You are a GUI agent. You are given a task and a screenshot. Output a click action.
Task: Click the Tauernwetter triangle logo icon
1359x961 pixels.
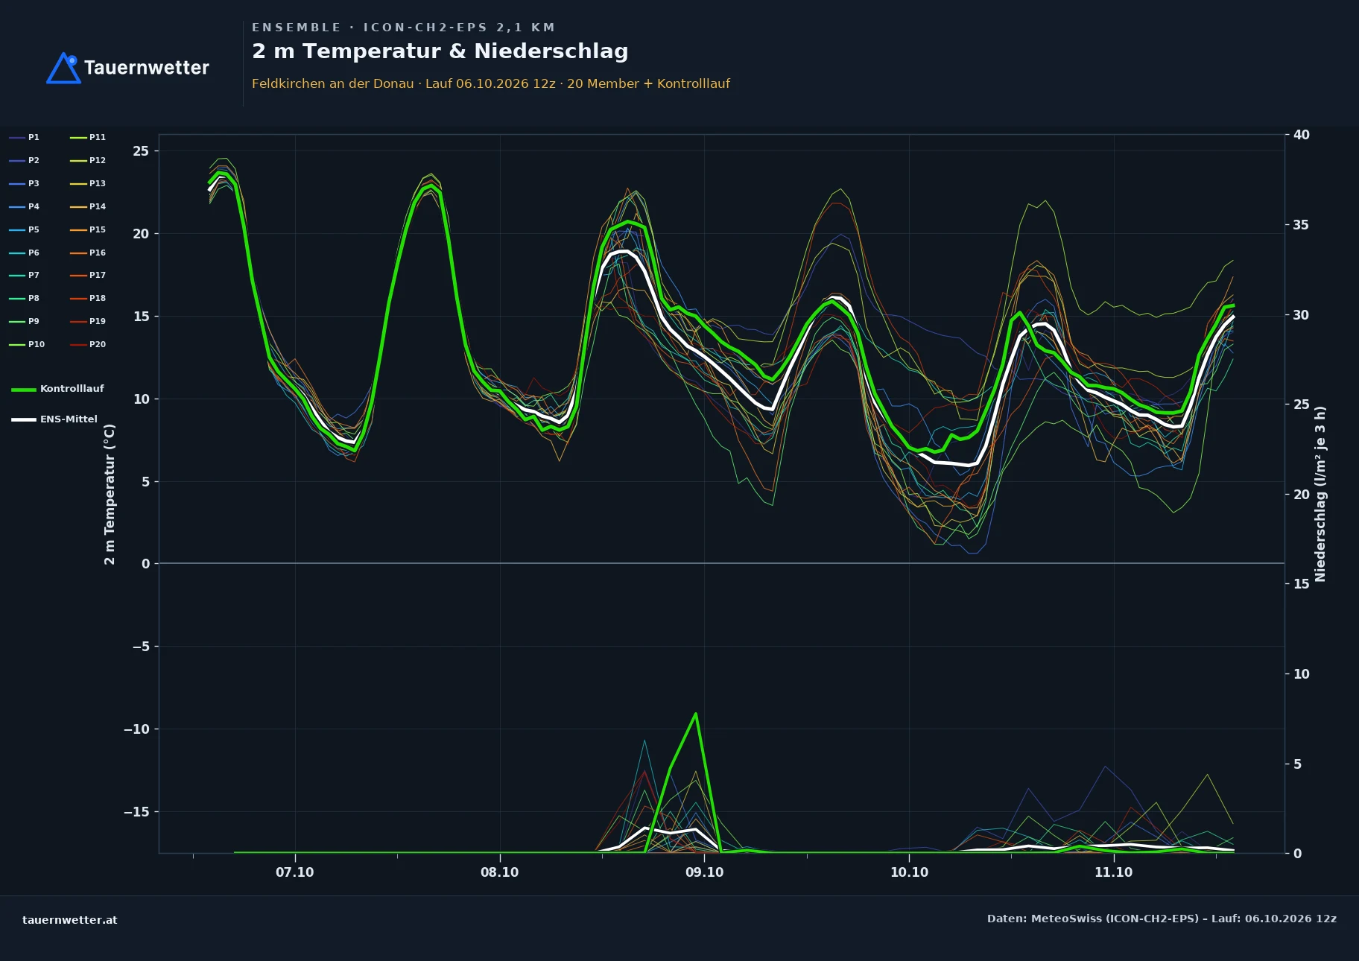coord(64,69)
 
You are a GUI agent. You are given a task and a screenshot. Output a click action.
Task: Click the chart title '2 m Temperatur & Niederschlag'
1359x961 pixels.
coord(440,51)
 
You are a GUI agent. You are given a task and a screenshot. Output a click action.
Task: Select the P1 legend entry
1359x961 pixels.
coord(25,137)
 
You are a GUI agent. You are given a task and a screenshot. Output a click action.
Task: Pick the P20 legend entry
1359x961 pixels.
coord(88,344)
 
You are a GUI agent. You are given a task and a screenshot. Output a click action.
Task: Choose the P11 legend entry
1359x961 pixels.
coord(88,137)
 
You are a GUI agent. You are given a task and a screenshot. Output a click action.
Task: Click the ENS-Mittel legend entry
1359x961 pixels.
coord(54,419)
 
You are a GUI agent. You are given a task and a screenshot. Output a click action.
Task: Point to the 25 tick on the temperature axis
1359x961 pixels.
coord(141,151)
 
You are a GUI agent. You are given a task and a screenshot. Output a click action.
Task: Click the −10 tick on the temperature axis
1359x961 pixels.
coord(136,729)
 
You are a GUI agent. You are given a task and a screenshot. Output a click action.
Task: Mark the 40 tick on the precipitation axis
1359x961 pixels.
coord(1301,135)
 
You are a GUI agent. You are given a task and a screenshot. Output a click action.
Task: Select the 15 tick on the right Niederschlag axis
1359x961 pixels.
coord(1301,584)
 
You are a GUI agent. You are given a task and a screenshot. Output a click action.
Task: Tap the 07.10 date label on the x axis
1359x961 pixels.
coord(295,872)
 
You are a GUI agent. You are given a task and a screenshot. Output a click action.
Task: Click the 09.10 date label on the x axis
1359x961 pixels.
coord(704,872)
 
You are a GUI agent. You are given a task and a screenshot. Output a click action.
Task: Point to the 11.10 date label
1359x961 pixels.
coord(1113,872)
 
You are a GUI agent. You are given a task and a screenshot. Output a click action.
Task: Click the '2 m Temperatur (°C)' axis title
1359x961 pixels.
coord(110,494)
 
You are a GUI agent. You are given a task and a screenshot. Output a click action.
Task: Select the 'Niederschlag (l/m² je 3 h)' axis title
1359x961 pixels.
coord(1320,494)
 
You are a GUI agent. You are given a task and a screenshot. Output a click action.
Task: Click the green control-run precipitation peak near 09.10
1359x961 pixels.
coord(696,714)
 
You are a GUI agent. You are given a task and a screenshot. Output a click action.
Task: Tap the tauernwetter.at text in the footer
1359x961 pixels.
coord(70,920)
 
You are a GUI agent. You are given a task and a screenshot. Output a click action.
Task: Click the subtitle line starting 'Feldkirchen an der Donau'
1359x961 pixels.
coord(491,83)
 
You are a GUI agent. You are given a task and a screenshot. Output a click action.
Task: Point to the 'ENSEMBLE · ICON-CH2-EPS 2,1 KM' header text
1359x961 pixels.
coord(403,28)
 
